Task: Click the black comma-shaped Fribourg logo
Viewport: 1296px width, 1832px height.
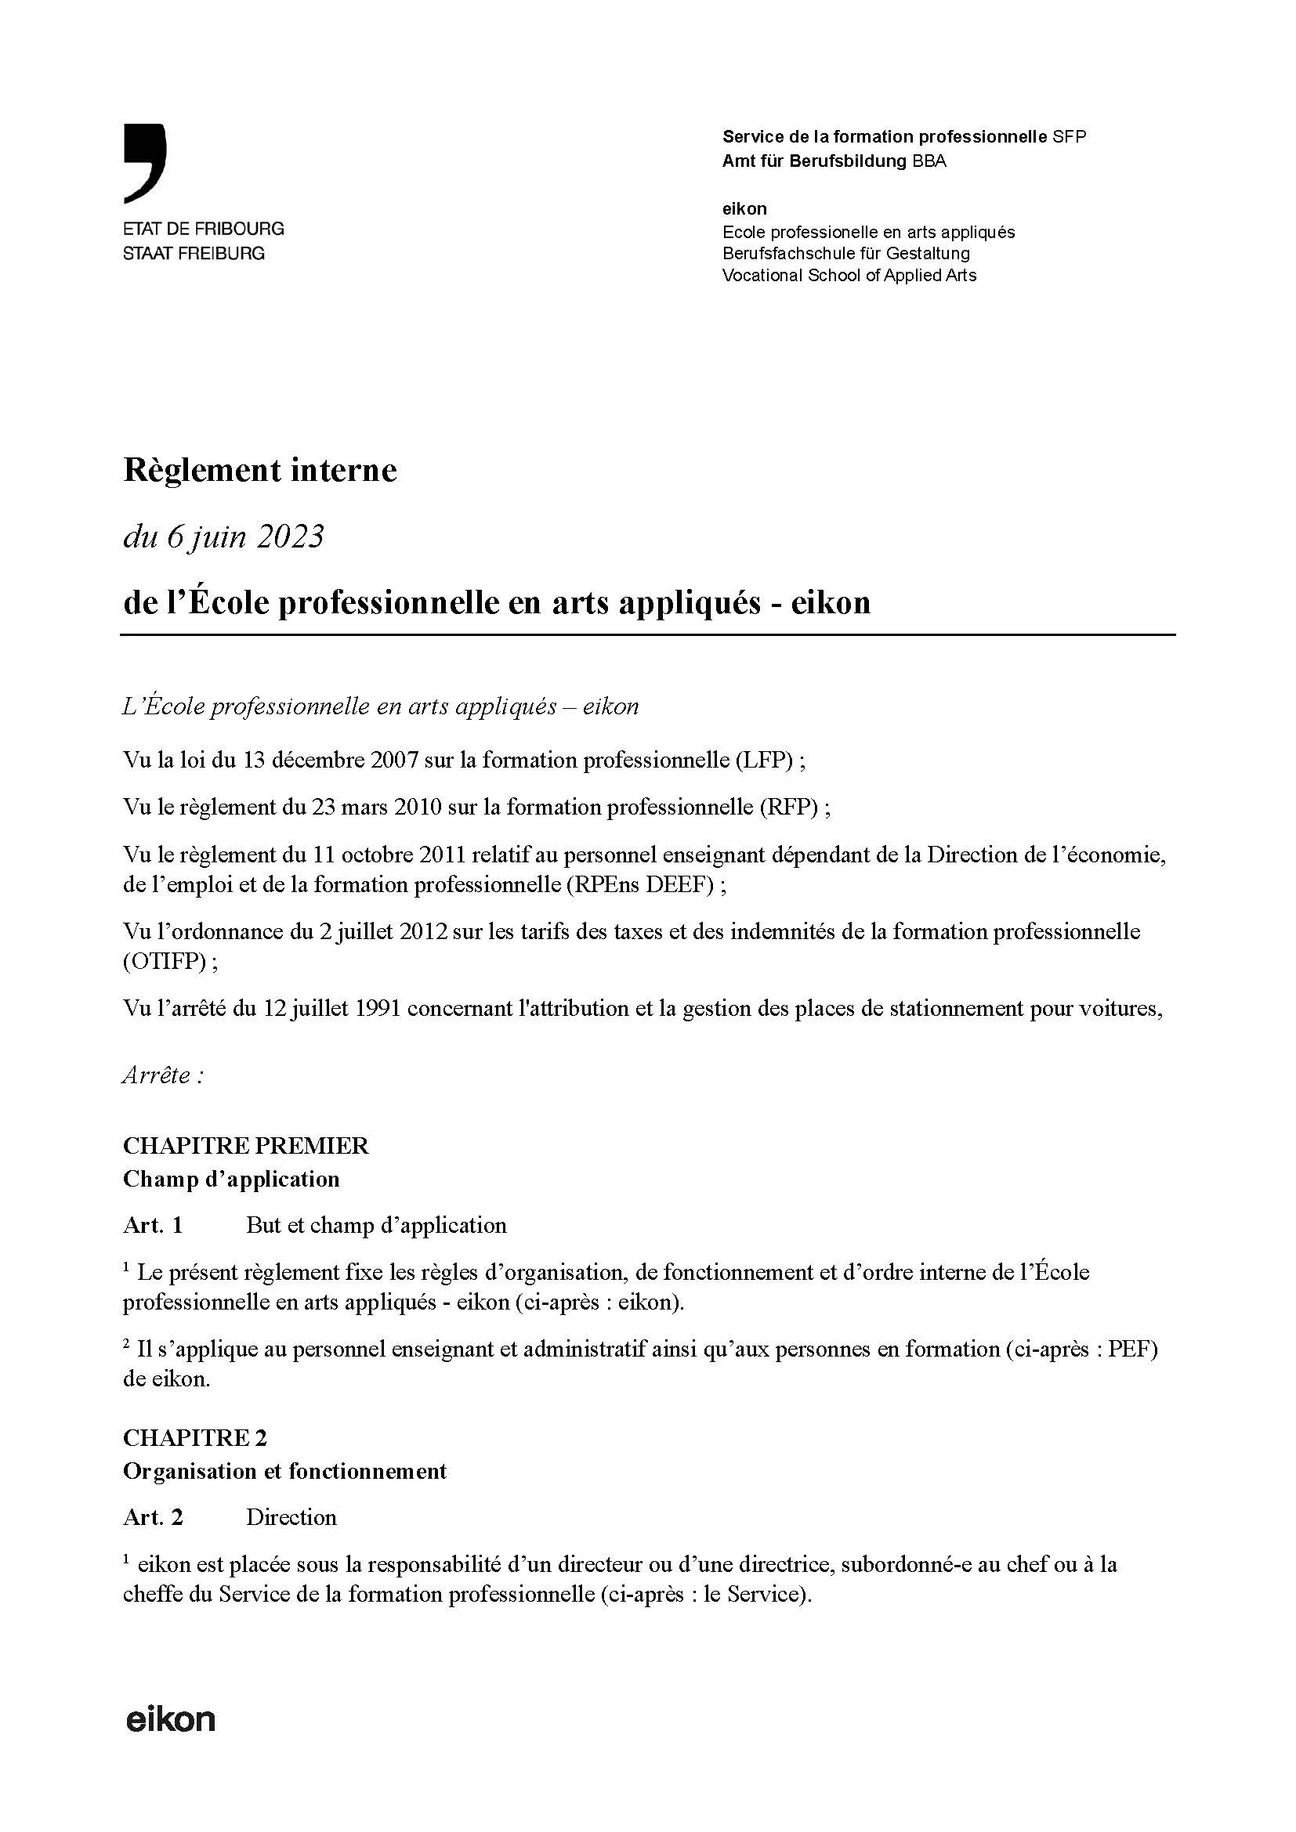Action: pyautogui.click(x=145, y=162)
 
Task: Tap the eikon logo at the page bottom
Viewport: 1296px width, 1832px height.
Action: pyautogui.click(x=171, y=1720)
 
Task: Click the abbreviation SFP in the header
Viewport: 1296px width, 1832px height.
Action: pyautogui.click(x=1069, y=136)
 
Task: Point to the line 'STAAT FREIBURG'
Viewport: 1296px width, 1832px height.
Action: pyautogui.click(x=193, y=254)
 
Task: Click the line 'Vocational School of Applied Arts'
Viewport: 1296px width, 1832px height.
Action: pyautogui.click(x=849, y=275)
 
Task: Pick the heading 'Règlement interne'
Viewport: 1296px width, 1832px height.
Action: pyautogui.click(x=259, y=470)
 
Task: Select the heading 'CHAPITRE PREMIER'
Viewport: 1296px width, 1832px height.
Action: pyautogui.click(x=245, y=1146)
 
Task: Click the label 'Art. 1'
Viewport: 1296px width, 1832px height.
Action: pyautogui.click(x=153, y=1226)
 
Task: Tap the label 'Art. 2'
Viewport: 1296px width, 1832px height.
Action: pyautogui.click(x=153, y=1517)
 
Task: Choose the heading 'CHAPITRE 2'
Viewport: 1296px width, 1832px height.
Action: pyautogui.click(x=195, y=1438)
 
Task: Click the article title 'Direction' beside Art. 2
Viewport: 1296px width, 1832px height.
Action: pyautogui.click(x=291, y=1517)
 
